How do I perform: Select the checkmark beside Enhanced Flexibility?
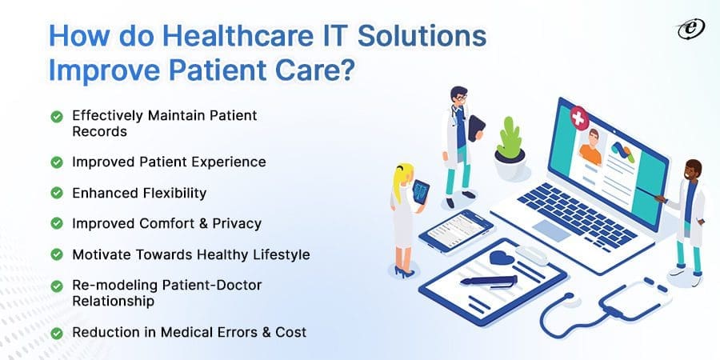pyautogui.click(x=57, y=193)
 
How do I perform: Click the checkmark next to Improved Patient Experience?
pyautogui.click(x=57, y=162)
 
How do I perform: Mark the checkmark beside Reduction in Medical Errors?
pyautogui.click(x=57, y=332)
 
